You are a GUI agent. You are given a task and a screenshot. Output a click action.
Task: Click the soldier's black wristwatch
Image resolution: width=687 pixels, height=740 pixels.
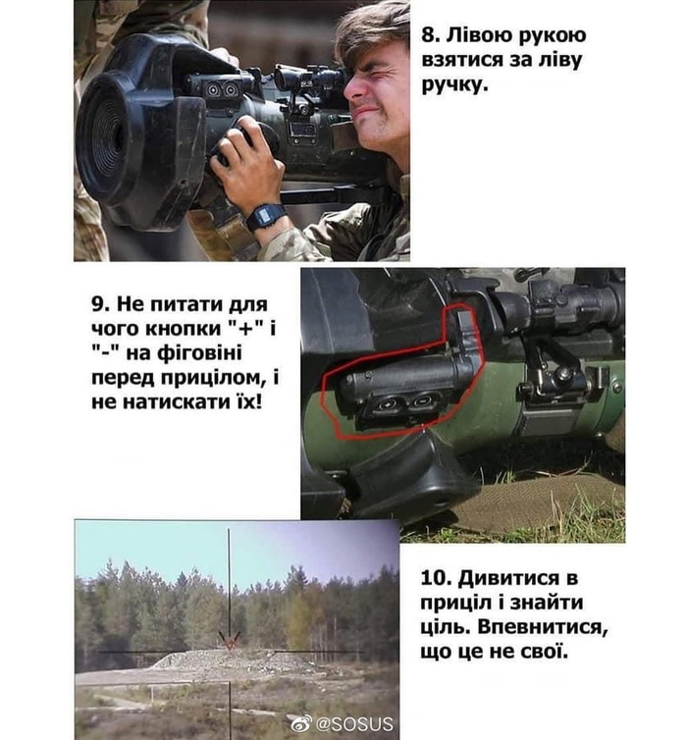(266, 217)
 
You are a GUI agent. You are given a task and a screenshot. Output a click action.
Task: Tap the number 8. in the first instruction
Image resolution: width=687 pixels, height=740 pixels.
(430, 35)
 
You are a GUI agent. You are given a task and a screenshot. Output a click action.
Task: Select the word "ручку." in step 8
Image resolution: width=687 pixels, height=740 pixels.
(452, 86)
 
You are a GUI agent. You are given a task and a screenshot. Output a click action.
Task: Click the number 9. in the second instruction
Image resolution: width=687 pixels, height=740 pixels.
(101, 304)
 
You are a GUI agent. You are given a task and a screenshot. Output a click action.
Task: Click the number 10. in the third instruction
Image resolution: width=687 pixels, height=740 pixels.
(436, 578)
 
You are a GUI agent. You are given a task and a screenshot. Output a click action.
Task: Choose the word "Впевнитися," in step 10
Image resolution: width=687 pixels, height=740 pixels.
(543, 628)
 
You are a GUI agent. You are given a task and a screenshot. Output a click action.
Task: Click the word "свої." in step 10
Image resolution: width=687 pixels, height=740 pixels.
(542, 652)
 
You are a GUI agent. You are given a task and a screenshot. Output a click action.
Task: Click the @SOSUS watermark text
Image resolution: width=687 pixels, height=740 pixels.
(354, 723)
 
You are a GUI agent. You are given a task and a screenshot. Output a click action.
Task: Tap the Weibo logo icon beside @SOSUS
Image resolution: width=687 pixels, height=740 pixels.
(301, 723)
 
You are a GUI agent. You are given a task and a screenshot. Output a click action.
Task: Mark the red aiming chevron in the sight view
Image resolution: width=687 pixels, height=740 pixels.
(230, 641)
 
